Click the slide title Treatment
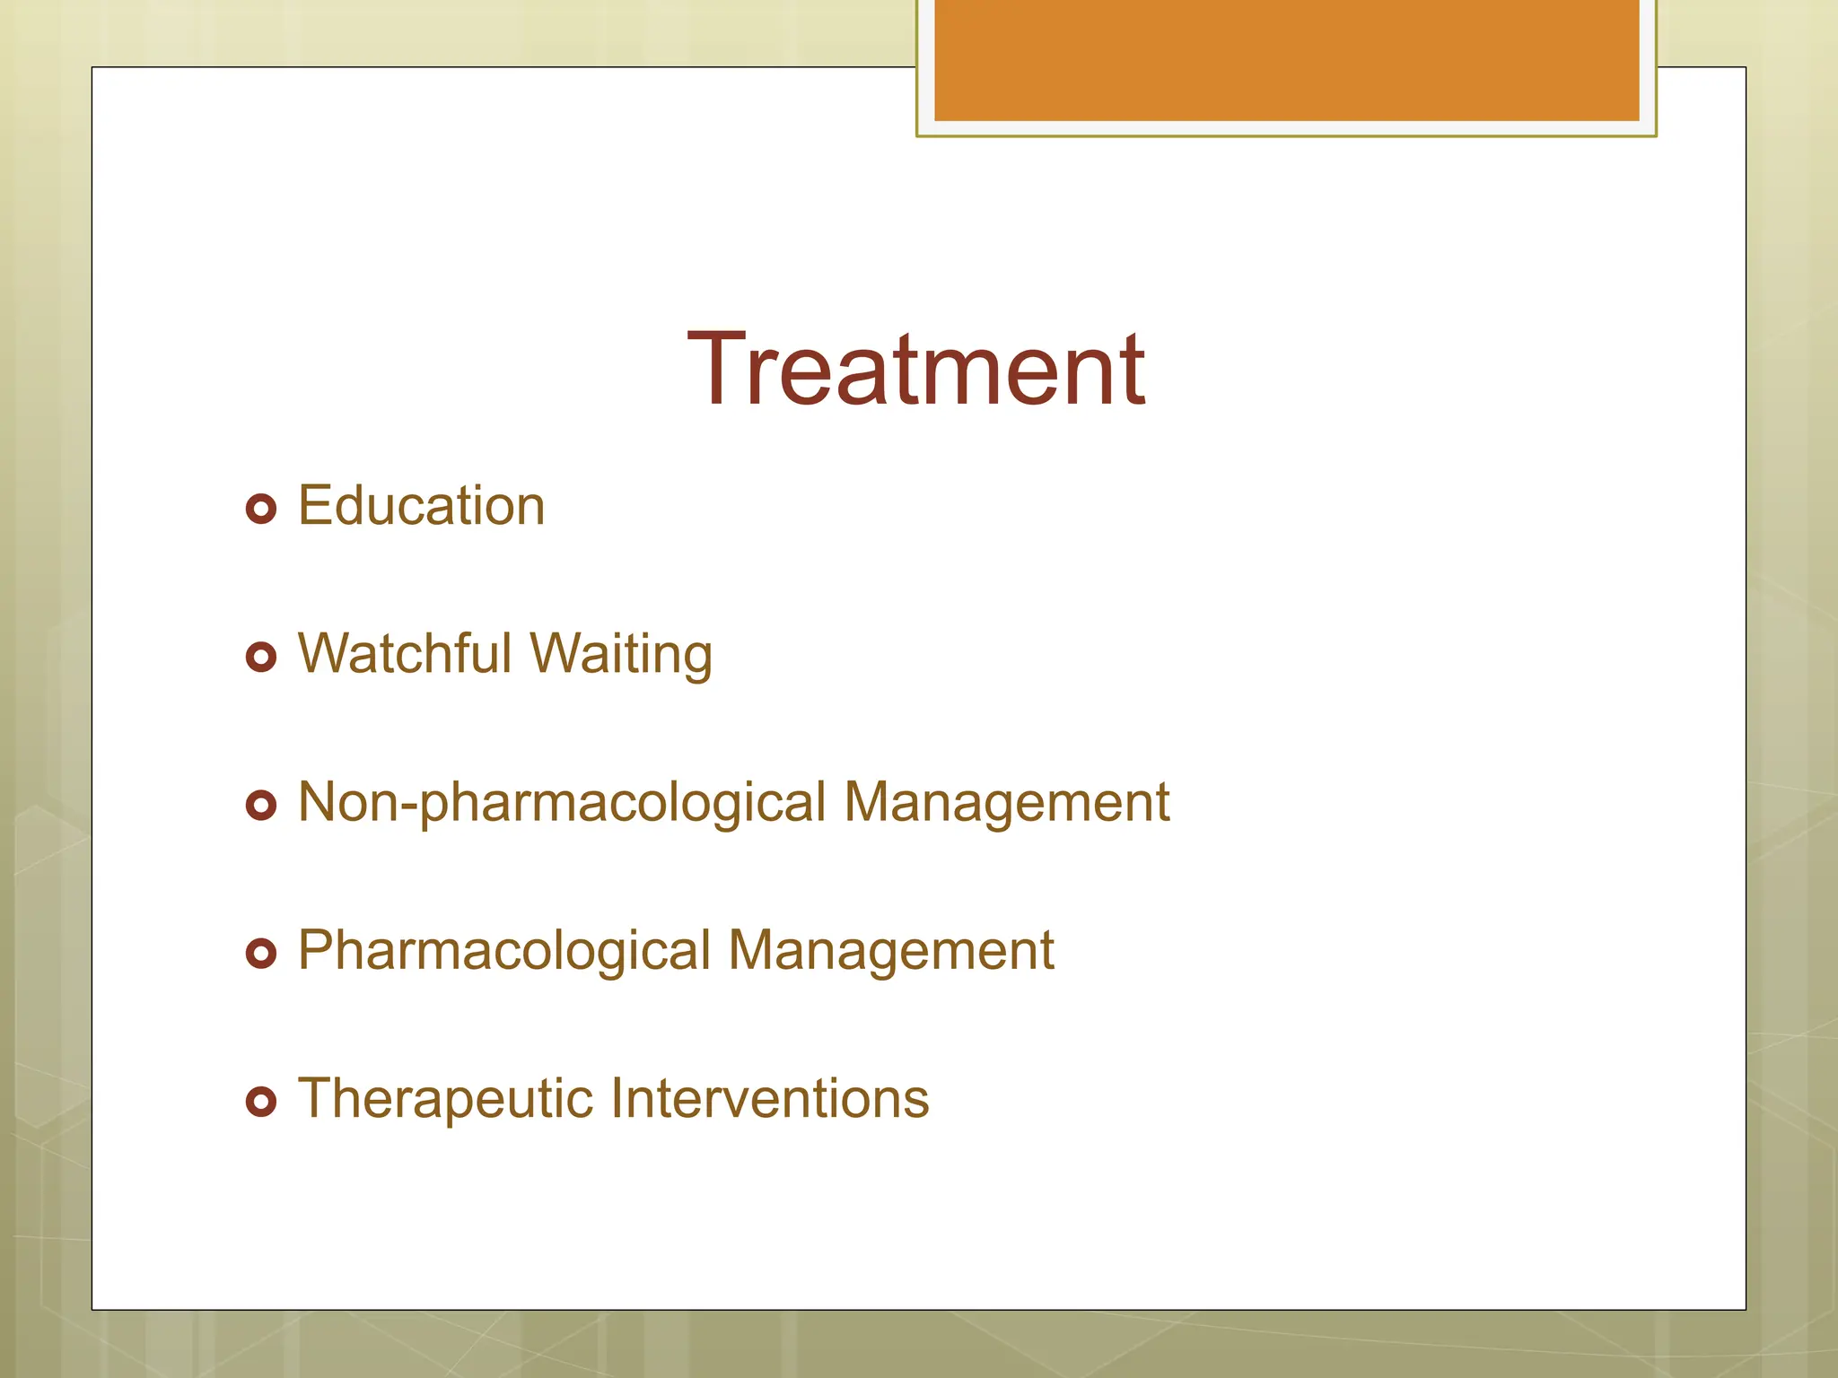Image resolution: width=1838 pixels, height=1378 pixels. coord(915,370)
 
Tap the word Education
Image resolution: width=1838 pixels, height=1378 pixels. coord(421,505)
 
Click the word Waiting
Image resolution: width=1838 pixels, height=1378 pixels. coord(621,655)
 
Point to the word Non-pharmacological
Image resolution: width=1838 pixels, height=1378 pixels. coord(561,803)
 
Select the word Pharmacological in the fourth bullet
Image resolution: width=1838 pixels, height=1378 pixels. coord(503,951)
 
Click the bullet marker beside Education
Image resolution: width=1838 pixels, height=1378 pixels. coord(260,510)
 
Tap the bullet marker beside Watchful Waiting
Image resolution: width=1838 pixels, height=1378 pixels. coord(260,658)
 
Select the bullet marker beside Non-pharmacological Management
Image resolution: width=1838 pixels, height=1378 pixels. coord(260,805)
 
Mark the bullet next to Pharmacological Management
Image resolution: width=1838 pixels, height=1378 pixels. coord(260,953)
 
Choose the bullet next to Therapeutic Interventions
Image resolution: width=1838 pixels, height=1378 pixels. coord(260,1101)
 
